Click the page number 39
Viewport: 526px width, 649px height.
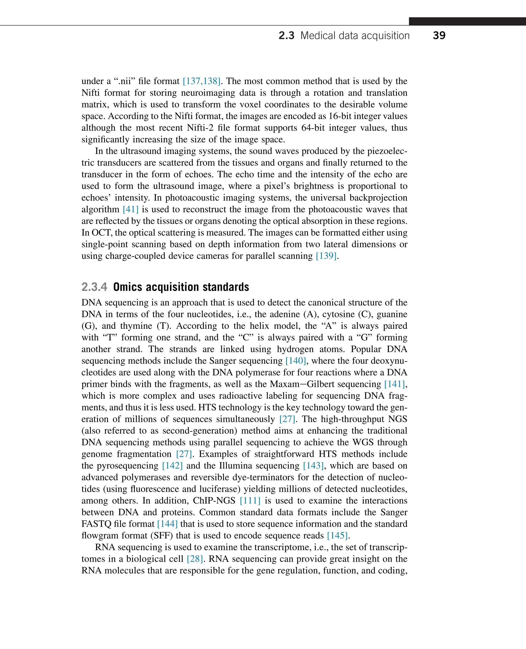tap(439, 35)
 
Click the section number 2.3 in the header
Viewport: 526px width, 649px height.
tap(286, 35)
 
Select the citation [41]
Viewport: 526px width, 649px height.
tap(130, 209)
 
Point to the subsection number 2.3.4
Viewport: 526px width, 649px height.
tap(94, 287)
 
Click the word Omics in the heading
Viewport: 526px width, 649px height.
tap(128, 287)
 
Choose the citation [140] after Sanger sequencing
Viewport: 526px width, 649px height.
tap(296, 361)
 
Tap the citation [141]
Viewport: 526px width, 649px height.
tap(394, 384)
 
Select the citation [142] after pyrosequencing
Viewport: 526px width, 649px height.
tap(172, 466)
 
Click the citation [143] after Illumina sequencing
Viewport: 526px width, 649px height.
tap(313, 466)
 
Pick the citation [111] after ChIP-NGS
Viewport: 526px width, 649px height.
tap(250, 501)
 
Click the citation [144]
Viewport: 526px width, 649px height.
tap(167, 524)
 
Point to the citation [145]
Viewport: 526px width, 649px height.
tap(337, 536)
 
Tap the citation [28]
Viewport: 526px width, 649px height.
tap(194, 559)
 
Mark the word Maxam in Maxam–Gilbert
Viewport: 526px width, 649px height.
tap(284, 384)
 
